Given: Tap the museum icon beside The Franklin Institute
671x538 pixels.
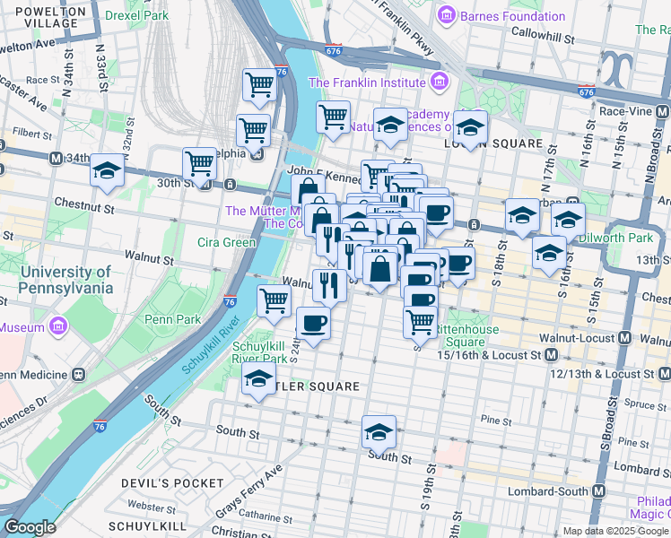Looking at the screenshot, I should (440, 82).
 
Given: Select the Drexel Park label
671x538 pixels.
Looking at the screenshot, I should (136, 15).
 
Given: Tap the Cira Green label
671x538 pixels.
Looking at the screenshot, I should (227, 241).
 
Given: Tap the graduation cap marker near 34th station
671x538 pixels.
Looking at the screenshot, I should (107, 170).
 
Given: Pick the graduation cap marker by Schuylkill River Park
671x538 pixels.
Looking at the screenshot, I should (258, 380).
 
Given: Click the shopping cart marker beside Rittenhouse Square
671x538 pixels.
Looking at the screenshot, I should (420, 320).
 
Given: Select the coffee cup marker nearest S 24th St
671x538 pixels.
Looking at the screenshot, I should (313, 323).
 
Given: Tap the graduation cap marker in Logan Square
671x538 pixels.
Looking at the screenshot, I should (470, 127).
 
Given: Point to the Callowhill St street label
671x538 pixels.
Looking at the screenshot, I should (542, 32).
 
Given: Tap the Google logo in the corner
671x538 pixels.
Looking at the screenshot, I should (30, 527).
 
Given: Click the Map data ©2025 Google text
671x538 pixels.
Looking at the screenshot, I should (614, 531).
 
